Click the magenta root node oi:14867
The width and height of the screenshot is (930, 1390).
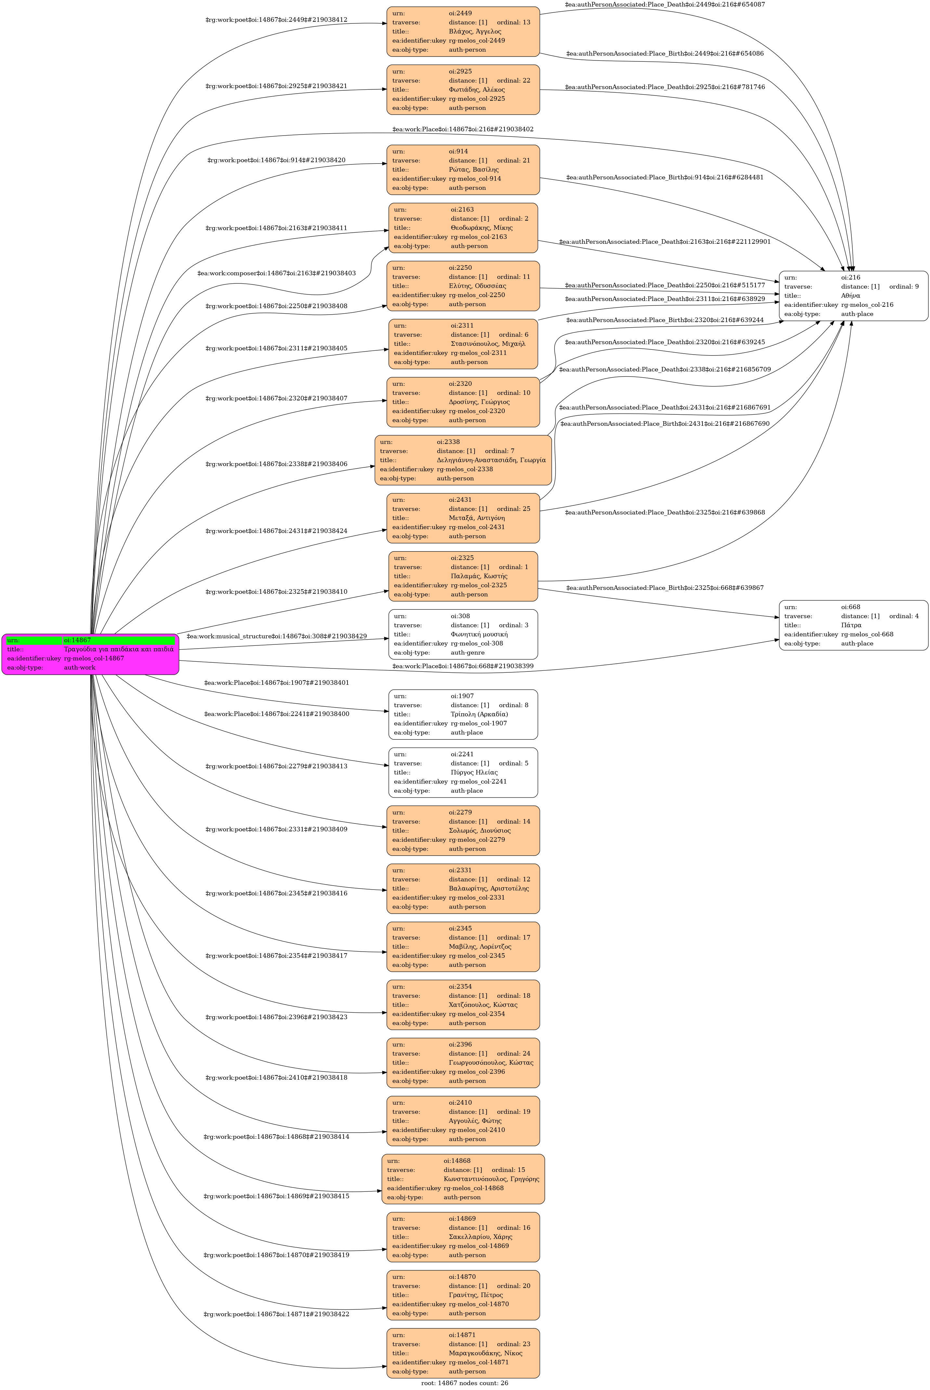click(x=90, y=654)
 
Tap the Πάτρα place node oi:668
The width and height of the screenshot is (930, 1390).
click(x=854, y=625)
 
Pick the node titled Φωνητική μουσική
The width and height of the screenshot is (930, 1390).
click(x=463, y=634)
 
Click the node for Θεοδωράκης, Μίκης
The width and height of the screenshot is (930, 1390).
click(x=463, y=228)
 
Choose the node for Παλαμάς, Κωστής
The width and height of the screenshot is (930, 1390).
click(x=463, y=577)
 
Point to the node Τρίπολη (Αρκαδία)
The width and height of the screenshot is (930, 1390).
click(x=463, y=715)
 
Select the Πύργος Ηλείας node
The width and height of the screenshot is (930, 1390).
click(x=463, y=773)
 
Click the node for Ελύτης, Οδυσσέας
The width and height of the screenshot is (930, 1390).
click(x=463, y=286)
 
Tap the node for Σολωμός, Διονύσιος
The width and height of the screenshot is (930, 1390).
click(x=463, y=831)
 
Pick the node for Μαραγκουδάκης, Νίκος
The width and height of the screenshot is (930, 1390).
click(x=463, y=1353)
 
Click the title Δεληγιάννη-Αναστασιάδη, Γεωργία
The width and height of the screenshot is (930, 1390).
click(x=491, y=460)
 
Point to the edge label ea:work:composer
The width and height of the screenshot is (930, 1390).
click(x=276, y=273)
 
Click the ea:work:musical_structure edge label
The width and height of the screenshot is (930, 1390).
click(x=276, y=636)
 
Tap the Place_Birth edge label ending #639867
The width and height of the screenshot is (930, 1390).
click(x=665, y=588)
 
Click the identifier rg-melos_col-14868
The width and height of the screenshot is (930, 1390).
click(x=473, y=1189)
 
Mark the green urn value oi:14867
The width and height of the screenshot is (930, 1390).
click(x=119, y=641)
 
